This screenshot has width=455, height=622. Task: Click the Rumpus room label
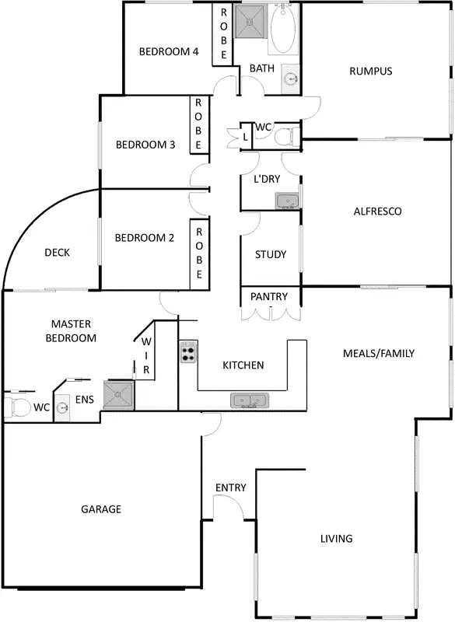click(370, 72)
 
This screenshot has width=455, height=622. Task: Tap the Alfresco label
click(377, 211)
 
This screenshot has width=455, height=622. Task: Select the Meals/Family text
click(379, 353)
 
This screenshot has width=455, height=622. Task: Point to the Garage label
click(101, 509)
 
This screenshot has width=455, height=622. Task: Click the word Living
click(337, 538)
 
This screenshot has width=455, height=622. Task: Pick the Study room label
click(271, 254)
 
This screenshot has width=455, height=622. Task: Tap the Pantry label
click(269, 296)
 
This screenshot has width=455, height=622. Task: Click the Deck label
click(57, 252)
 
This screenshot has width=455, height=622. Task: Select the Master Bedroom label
click(72, 330)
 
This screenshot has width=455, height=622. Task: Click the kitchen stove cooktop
click(189, 353)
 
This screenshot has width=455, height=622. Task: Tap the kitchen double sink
click(250, 401)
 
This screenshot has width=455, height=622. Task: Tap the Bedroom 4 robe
click(223, 33)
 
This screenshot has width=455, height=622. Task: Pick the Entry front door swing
click(230, 507)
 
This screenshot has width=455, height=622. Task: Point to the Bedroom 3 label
click(145, 145)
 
